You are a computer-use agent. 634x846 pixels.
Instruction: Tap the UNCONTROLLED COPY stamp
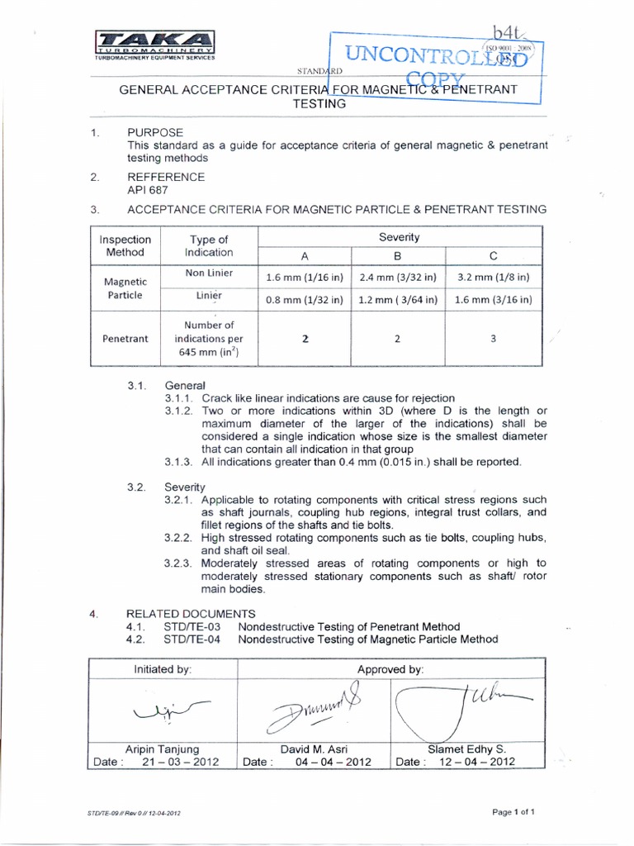click(435, 65)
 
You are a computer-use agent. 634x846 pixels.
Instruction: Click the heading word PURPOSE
click(155, 132)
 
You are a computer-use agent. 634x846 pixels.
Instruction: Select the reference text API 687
click(146, 189)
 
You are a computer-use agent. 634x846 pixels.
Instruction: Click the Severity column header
click(400, 237)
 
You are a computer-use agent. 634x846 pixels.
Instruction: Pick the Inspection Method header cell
click(125, 245)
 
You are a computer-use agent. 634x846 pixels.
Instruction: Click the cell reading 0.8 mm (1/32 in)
click(305, 300)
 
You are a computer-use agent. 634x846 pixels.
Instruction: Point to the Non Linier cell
click(209, 273)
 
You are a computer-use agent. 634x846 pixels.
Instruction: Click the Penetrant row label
click(125, 338)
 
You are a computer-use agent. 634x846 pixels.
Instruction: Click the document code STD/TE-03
click(190, 626)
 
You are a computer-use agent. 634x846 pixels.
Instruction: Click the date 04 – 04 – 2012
click(333, 762)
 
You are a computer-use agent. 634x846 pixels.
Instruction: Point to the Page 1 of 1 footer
click(513, 811)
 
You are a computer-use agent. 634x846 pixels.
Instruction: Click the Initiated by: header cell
click(163, 669)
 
